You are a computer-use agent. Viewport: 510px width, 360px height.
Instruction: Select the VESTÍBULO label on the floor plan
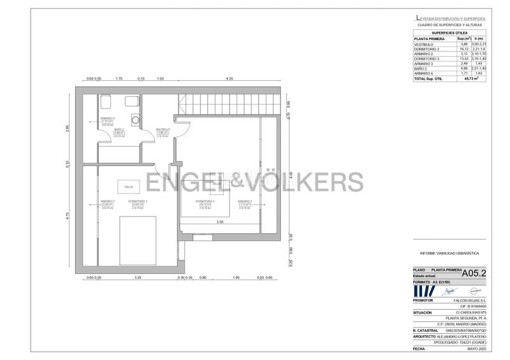pos(163,129)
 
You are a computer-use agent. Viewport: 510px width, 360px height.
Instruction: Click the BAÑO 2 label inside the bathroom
pos(119,129)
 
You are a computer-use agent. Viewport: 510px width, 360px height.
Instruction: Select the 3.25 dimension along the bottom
pos(138,278)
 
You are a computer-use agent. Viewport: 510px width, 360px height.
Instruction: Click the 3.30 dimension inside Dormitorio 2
pos(219,222)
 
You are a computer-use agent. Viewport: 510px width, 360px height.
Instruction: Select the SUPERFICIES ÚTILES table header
pos(449,32)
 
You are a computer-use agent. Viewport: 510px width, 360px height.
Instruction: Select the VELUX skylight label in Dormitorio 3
pos(129,187)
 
